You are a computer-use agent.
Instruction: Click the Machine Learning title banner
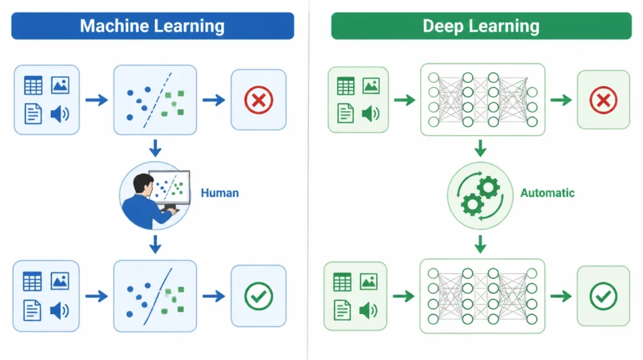(153, 26)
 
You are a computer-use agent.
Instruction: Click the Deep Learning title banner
(481, 26)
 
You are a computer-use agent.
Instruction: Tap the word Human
(220, 193)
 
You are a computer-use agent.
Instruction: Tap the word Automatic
(548, 193)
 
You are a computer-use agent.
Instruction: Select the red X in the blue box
(258, 100)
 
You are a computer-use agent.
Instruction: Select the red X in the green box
(603, 100)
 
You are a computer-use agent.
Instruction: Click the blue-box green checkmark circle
(258, 296)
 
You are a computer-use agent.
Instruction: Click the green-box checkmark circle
(603, 297)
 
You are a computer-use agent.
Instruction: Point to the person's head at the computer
(143, 184)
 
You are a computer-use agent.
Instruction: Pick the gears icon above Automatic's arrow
(480, 196)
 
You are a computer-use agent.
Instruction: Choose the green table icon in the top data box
(345, 86)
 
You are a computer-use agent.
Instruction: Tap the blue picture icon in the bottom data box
(60, 281)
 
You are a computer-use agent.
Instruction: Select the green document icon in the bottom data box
(342, 310)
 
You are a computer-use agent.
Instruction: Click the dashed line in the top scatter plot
(158, 100)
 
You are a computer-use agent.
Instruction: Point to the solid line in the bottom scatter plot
(158, 297)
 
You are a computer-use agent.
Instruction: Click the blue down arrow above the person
(155, 148)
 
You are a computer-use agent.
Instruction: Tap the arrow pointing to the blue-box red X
(213, 100)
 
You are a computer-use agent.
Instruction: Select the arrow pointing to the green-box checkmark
(561, 296)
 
